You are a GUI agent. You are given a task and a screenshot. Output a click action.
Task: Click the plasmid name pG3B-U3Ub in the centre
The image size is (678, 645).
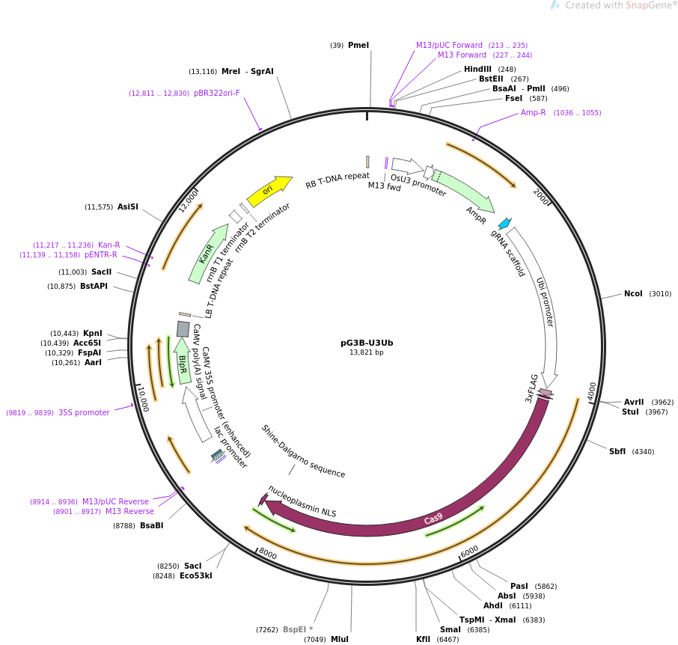coord(367,343)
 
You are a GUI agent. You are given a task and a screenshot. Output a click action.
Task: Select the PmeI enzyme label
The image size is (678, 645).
coord(358,46)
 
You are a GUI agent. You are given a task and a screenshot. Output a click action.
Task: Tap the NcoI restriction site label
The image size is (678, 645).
coord(633,294)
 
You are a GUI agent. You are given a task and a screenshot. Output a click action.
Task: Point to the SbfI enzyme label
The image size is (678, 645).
coord(617,452)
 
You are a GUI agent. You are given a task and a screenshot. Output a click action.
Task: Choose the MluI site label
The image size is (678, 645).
coord(340,639)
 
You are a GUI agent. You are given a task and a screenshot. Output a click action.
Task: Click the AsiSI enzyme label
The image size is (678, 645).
coord(128,207)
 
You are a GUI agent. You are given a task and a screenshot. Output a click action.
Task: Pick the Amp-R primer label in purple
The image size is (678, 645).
coord(534,113)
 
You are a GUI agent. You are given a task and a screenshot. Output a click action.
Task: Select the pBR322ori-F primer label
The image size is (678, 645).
coord(217,94)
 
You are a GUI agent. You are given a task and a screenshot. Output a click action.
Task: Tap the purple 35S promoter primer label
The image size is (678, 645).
coord(84,412)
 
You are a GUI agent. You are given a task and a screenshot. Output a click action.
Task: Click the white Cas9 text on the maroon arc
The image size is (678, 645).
coord(433,519)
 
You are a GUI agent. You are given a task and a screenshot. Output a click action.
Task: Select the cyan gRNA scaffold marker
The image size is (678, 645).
coord(504,223)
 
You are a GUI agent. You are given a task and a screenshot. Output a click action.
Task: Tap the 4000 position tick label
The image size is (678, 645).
coord(592,391)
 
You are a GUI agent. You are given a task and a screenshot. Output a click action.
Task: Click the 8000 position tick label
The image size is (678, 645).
coord(267,554)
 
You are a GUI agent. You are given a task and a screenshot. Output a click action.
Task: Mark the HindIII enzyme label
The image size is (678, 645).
coord(477,70)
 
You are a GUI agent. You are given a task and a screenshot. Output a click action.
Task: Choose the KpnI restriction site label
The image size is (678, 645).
coord(93,334)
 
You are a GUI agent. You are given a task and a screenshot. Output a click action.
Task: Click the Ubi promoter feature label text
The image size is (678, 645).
coord(545,302)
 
